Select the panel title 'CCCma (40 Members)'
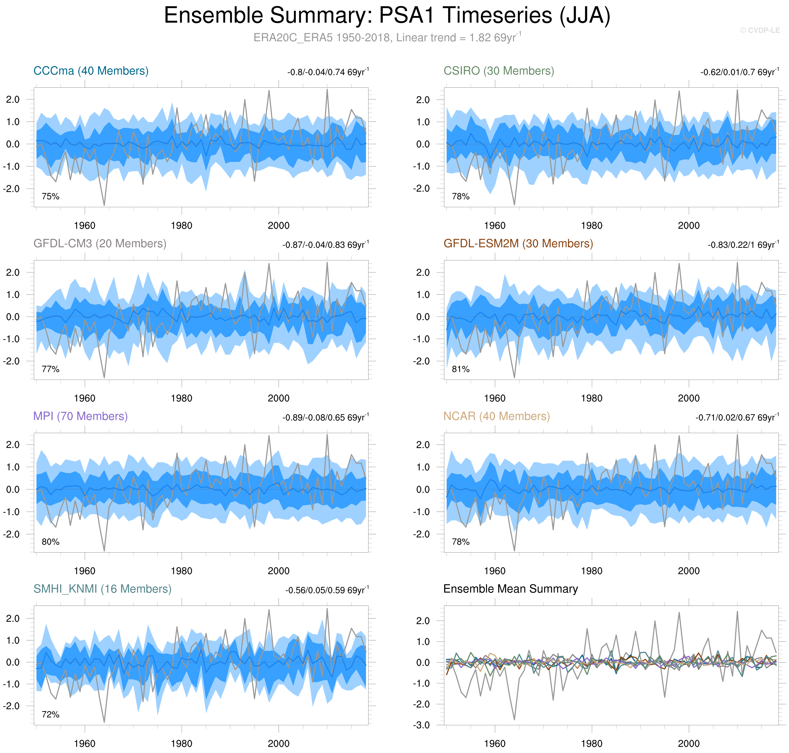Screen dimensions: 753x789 (91, 71)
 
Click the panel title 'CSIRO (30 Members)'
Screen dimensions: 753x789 (498, 71)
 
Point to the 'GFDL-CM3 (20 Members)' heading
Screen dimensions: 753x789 (100, 244)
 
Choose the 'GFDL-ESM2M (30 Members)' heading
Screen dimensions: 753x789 (518, 244)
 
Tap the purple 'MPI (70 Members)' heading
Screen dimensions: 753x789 (80, 416)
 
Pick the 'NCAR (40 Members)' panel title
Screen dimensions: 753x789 (496, 416)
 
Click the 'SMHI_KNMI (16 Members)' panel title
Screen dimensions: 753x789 (102, 589)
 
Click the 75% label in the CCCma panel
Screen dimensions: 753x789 (50, 196)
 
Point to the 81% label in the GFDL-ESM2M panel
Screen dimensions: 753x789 (460, 369)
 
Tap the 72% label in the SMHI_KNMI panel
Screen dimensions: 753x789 (50, 715)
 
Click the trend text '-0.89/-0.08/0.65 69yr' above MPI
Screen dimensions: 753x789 (325, 417)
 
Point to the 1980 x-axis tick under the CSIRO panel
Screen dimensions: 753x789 (592, 226)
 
